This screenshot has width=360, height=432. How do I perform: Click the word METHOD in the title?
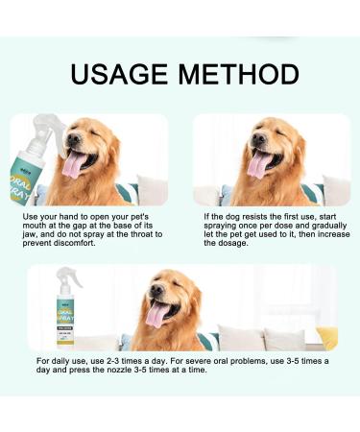click(232, 74)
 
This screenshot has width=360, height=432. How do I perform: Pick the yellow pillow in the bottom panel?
click(327, 337)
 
